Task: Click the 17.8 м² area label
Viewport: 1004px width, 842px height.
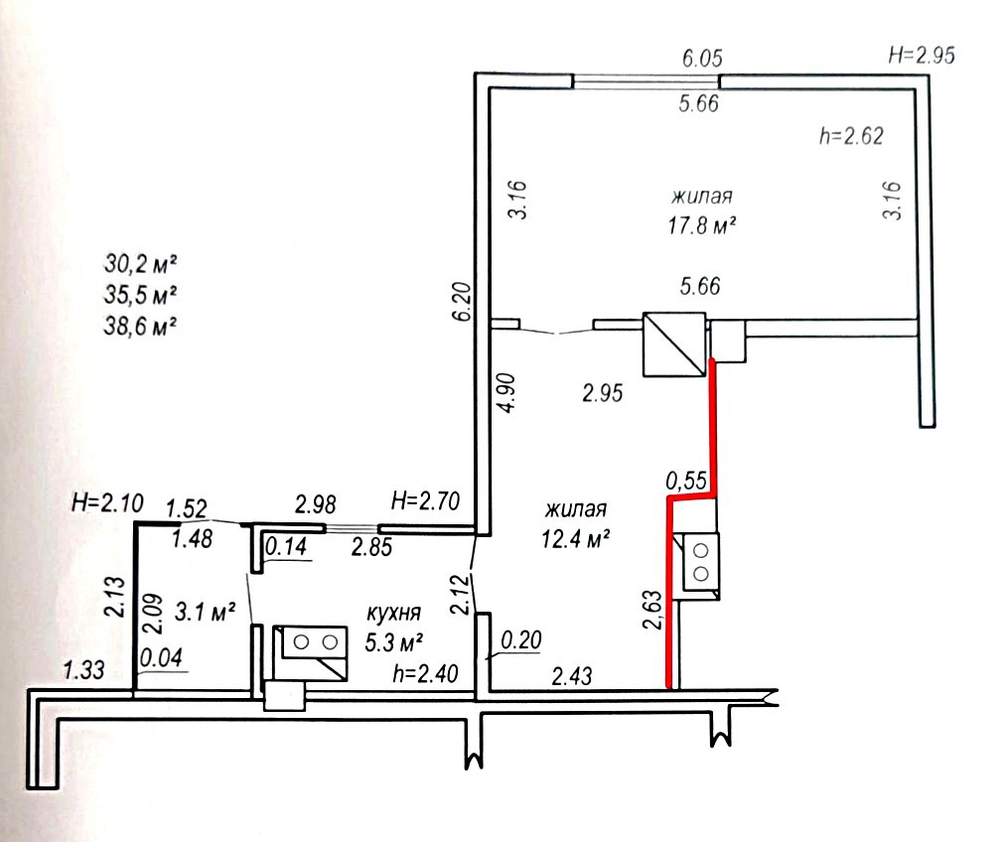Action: tap(702, 225)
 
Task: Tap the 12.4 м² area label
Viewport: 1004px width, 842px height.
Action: tap(575, 538)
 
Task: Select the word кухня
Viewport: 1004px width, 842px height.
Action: tap(393, 613)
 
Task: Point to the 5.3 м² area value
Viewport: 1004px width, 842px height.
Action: tap(393, 641)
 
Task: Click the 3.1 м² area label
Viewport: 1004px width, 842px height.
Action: tap(205, 612)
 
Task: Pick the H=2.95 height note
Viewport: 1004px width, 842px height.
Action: tap(922, 55)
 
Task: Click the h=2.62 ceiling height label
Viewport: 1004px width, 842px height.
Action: tap(851, 136)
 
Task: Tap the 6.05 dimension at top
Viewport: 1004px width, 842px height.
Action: tap(702, 59)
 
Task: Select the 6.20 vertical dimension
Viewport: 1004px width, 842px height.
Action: tap(463, 301)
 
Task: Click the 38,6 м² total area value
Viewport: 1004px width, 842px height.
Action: tap(140, 327)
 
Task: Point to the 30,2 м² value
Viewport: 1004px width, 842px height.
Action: tap(140, 263)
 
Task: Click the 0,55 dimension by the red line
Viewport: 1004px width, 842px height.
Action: tap(686, 480)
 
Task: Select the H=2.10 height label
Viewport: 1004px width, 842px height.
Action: tap(107, 502)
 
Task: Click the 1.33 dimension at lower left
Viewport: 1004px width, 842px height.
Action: tap(83, 670)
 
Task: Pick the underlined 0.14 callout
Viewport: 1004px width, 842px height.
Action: tap(286, 547)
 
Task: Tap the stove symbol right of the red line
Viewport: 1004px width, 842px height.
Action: tap(701, 562)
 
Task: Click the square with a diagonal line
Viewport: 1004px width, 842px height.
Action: tap(675, 344)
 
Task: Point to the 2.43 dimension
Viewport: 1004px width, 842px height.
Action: tap(572, 675)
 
